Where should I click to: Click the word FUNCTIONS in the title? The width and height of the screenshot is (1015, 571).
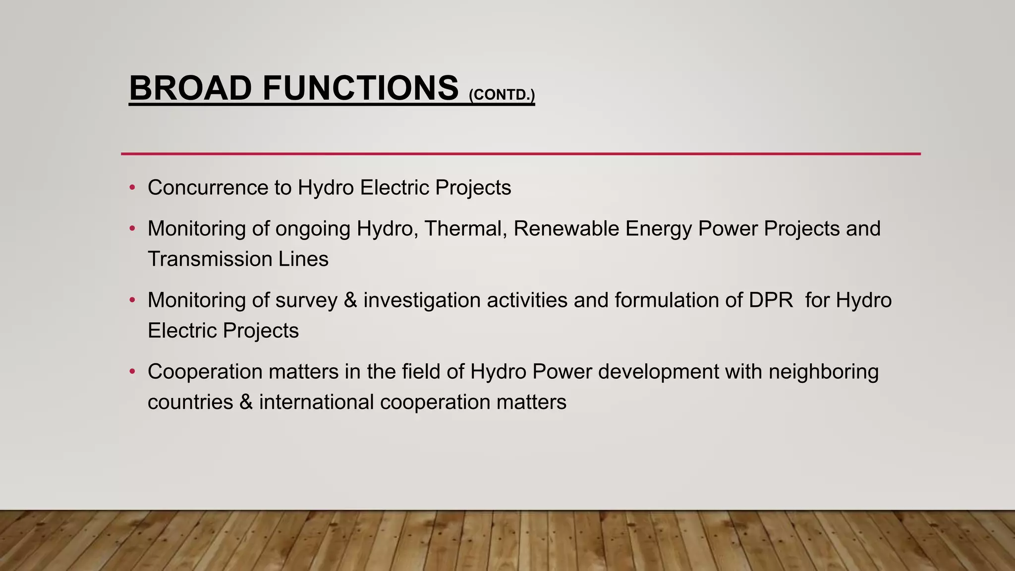pos(360,88)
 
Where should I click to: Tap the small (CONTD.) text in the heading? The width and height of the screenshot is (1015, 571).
pos(502,95)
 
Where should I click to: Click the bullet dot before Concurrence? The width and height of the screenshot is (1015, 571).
pos(132,188)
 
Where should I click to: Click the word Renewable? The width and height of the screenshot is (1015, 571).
pos(566,229)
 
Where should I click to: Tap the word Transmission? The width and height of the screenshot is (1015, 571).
pos(210,259)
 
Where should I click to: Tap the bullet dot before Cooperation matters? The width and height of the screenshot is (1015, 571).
pos(132,372)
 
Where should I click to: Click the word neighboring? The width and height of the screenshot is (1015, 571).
pos(823,372)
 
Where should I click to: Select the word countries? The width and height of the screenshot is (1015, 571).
pos(190,402)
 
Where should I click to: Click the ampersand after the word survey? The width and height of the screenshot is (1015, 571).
pos(350,300)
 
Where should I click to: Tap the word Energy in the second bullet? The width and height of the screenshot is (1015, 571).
pos(658,229)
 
